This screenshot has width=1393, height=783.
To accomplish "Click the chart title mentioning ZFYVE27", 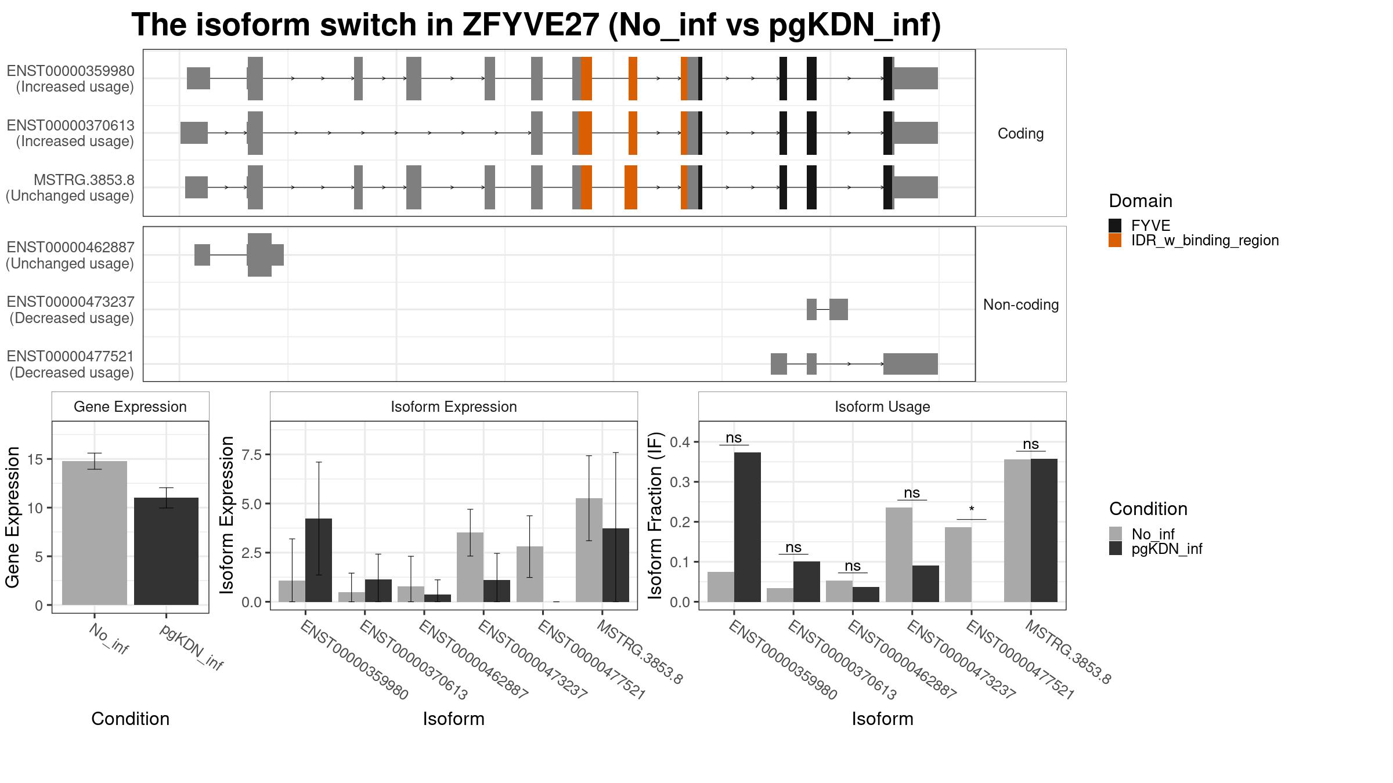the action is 536,25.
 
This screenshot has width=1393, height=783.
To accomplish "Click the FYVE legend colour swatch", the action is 1115,226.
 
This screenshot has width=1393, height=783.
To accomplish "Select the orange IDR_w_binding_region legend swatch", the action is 1115,240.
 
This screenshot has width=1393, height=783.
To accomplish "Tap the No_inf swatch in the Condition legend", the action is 1116,534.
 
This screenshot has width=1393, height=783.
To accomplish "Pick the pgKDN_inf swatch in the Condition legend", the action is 1116,548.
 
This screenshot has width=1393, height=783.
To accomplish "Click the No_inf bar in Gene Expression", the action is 95,533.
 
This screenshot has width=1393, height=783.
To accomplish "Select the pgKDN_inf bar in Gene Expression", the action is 166,551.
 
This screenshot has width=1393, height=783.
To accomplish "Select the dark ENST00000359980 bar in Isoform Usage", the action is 748,527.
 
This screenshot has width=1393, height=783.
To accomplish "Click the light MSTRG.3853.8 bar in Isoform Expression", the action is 589,550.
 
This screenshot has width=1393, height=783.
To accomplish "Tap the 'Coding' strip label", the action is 1020,133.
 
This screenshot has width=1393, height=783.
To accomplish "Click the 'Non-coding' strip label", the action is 1021,304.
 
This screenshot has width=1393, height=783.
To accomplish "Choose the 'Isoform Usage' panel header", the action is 882,407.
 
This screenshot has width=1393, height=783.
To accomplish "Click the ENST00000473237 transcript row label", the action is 71,310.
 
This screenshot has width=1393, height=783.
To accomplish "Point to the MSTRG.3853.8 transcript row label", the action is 70,188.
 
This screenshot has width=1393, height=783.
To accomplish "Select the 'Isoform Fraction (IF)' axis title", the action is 655,515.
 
